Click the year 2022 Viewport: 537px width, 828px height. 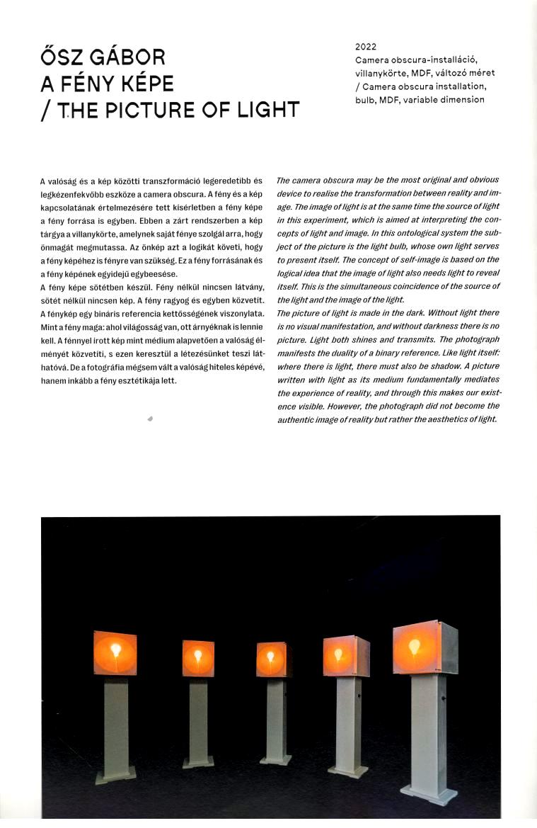coord(366,47)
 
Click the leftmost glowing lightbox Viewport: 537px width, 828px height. coord(115,653)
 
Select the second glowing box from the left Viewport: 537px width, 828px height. coord(198,658)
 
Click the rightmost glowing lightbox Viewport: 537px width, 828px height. coord(425,647)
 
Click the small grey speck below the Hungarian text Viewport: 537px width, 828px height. coord(150,419)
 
